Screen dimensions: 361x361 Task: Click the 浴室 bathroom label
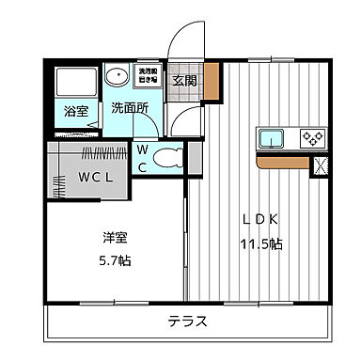75,111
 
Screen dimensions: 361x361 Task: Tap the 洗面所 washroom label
130,107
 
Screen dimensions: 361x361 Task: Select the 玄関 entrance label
184,79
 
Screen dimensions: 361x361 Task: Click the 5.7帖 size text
116,259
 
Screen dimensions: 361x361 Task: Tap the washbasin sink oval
118,77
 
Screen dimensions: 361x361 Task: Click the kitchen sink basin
273,138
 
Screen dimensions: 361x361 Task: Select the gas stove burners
310,138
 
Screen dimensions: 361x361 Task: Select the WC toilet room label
142,157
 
